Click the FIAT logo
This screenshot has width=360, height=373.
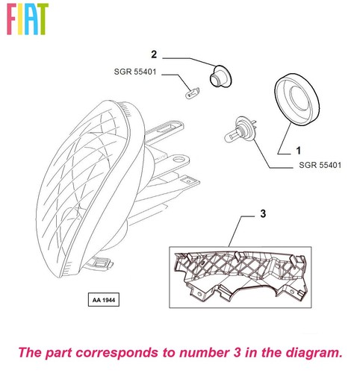point(28,19)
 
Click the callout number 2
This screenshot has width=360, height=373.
point(154,54)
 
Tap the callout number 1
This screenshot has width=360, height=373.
point(298,151)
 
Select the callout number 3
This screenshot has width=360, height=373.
point(263,213)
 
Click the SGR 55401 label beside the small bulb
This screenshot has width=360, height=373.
point(135,72)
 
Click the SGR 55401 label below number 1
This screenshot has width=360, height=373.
point(320,165)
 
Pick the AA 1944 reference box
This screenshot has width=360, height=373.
point(104,300)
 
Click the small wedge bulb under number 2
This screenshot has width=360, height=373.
point(193,93)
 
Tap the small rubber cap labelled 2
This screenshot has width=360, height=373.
point(220,76)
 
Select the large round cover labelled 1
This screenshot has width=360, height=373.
point(297,99)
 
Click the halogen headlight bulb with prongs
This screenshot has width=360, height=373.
point(240,129)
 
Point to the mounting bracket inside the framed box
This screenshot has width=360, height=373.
point(240,274)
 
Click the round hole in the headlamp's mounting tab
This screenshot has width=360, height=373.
point(179,159)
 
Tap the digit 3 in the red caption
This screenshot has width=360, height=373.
point(237,353)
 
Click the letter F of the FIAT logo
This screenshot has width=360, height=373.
point(12,19)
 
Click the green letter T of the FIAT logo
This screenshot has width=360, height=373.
point(43,19)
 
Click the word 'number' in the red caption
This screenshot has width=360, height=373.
point(204,353)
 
